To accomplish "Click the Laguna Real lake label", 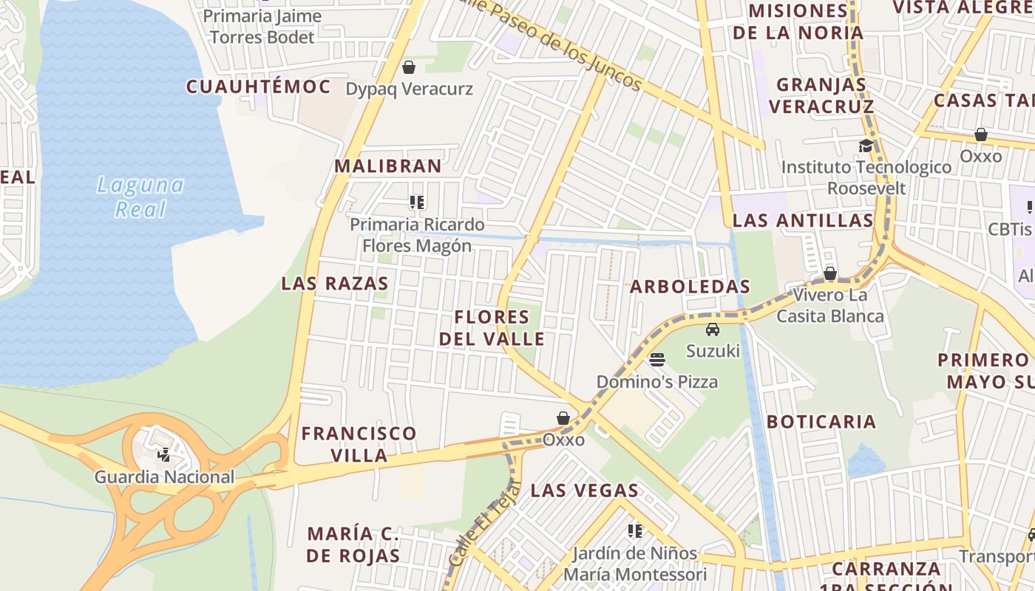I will (x=140, y=197).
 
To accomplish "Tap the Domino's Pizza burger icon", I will (x=657, y=360).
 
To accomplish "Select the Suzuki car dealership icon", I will (x=712, y=329).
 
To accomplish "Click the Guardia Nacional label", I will (x=164, y=477).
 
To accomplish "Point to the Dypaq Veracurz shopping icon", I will (x=409, y=68).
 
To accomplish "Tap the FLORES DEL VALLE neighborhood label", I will (x=492, y=328).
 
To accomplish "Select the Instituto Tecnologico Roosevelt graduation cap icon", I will (x=866, y=146).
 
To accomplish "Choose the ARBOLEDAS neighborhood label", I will (x=690, y=287).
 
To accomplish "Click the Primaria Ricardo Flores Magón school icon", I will (x=417, y=202).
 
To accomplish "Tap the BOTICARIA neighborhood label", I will (x=821, y=422).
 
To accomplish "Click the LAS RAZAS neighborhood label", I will (x=335, y=284).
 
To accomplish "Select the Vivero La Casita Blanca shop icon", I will (x=830, y=273).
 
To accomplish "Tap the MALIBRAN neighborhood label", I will (x=388, y=166).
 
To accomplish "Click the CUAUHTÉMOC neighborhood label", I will (x=258, y=87).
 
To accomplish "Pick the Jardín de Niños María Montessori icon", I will (x=634, y=530).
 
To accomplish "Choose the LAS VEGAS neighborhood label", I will (x=585, y=491).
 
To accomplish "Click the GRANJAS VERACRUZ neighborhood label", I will (x=821, y=95).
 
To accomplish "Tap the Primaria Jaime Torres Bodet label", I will (x=262, y=27).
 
